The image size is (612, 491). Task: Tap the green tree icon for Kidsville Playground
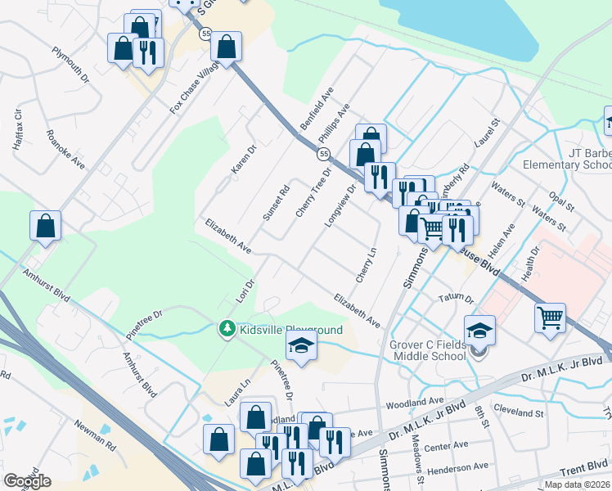(x=227, y=329)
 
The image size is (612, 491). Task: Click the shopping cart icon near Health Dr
(x=551, y=318)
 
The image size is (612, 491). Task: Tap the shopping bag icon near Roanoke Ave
(x=46, y=226)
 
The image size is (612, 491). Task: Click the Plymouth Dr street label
(x=70, y=65)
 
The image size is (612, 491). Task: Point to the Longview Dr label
(x=340, y=205)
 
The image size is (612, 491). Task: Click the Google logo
(x=27, y=481)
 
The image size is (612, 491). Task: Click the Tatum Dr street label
(x=457, y=299)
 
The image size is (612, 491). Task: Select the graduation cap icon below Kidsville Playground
(x=301, y=347)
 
